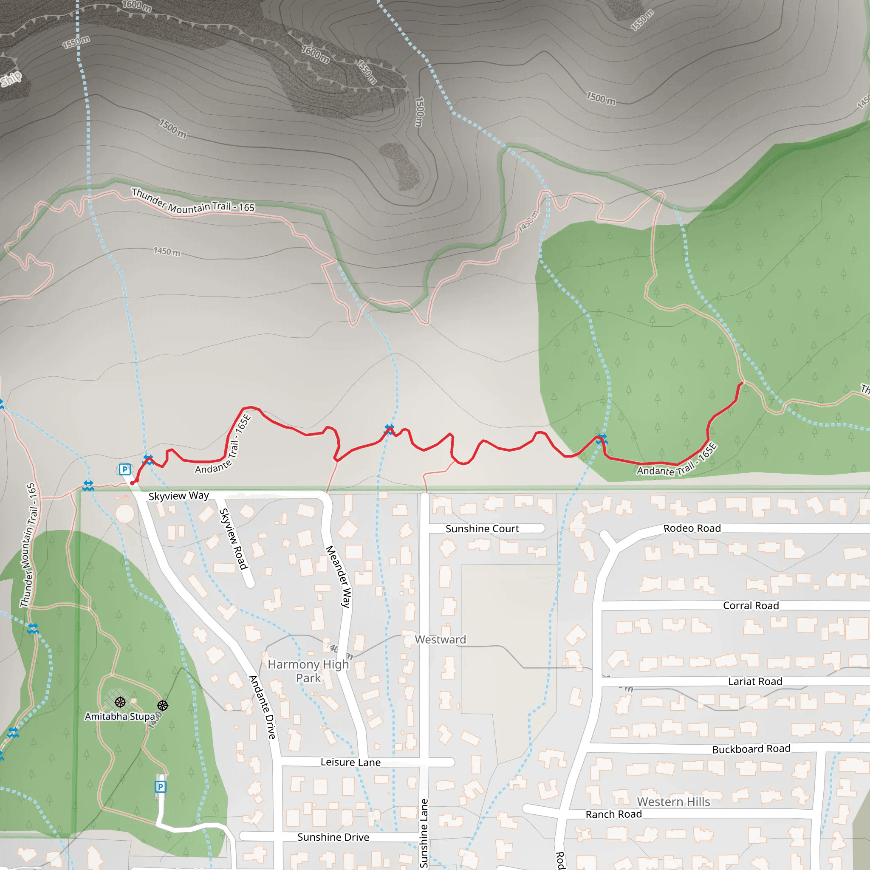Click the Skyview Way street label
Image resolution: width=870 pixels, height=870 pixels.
(x=178, y=496)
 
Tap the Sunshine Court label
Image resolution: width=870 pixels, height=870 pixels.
(x=482, y=528)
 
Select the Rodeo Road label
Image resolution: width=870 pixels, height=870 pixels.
(x=692, y=528)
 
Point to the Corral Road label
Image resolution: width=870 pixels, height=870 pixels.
(x=751, y=606)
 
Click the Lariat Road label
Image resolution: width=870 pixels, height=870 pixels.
(x=755, y=681)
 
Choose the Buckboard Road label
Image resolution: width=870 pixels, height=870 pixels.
(x=751, y=749)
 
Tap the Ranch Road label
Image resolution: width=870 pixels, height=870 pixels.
(x=613, y=814)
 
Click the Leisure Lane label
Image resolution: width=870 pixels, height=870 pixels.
(x=350, y=762)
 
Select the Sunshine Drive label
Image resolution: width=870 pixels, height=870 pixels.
(x=333, y=837)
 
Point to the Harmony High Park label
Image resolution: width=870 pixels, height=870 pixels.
(x=308, y=671)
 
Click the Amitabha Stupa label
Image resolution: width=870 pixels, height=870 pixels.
(x=120, y=717)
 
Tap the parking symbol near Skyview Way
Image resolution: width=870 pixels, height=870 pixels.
(x=125, y=469)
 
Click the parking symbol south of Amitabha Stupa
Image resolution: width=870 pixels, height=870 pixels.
(x=160, y=787)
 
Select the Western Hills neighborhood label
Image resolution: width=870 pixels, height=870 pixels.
(x=673, y=802)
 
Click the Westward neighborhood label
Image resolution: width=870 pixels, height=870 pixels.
(x=440, y=639)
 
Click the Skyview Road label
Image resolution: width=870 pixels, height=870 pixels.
(x=233, y=539)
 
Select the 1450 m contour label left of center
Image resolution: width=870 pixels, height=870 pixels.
(x=167, y=251)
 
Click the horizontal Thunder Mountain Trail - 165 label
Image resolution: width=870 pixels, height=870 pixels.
(x=193, y=201)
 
